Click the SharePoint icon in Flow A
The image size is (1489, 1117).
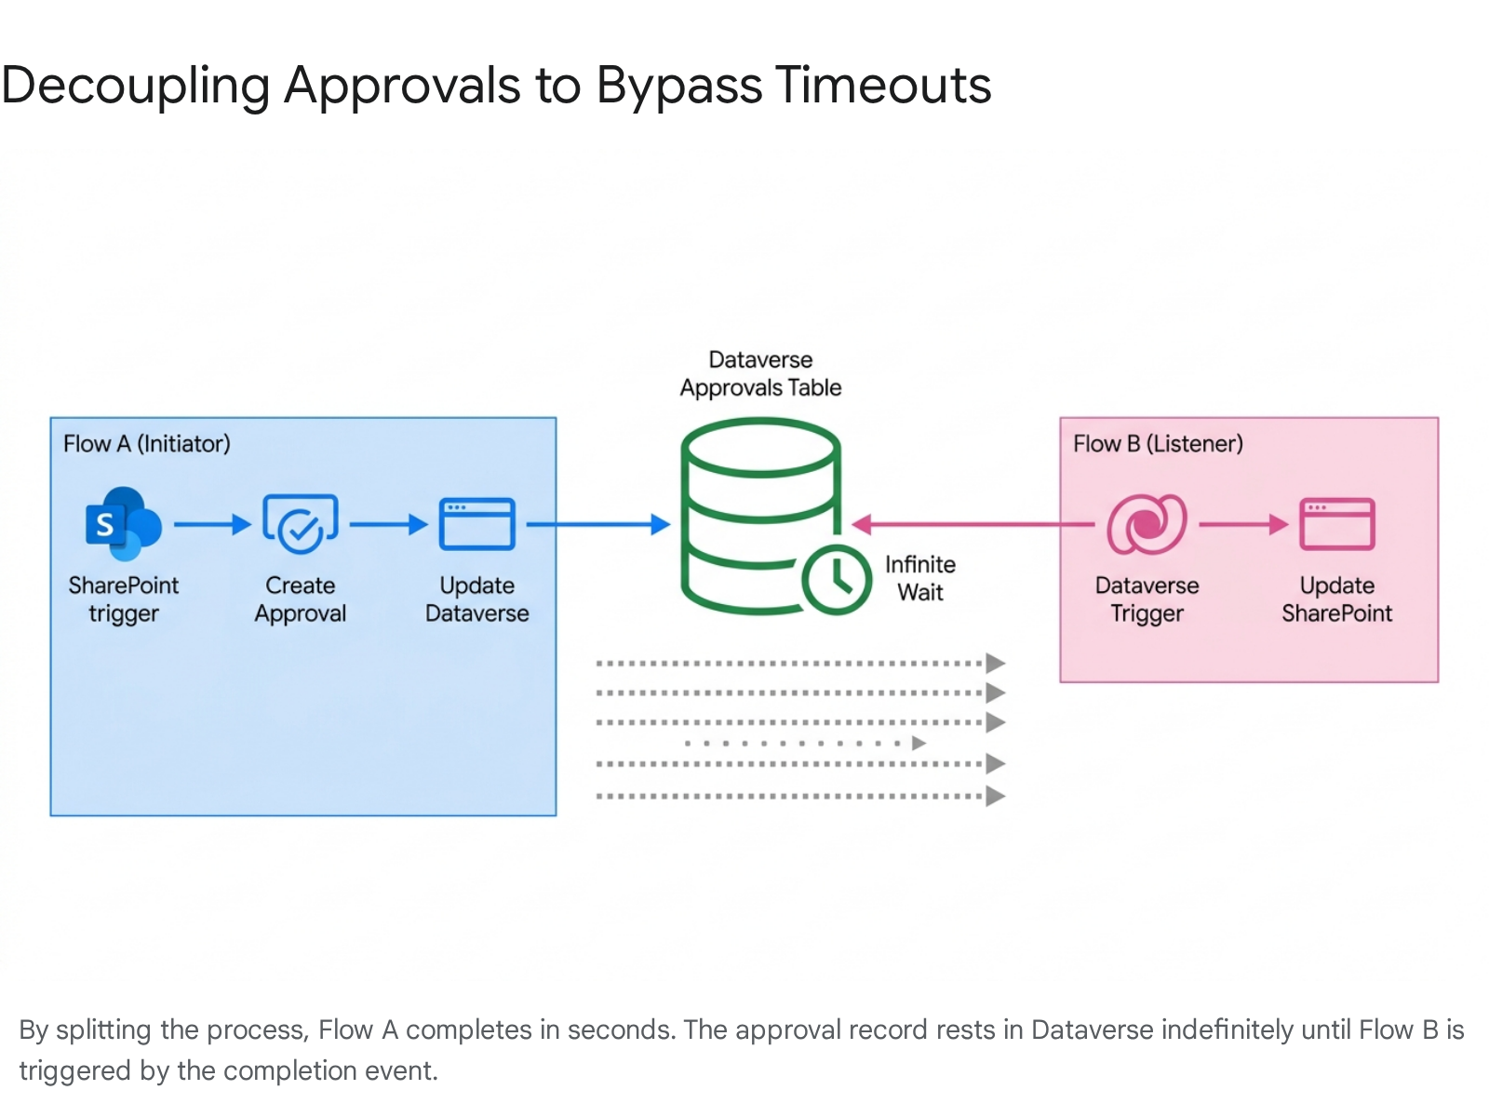(123, 524)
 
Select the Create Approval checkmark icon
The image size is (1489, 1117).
(301, 524)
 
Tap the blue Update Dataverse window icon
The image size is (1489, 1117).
(476, 524)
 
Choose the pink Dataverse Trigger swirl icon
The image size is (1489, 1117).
(1147, 524)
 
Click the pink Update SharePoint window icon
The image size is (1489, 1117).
(1337, 524)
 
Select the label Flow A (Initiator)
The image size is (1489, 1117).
(147, 444)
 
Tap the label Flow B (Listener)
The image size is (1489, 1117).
(1158, 444)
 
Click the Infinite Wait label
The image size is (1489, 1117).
(920, 578)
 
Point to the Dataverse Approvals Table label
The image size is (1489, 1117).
(760, 374)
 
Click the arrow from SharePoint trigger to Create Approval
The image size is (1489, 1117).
(212, 525)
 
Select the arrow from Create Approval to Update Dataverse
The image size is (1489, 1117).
(388, 525)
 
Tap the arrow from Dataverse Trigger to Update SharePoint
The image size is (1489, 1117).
(1243, 525)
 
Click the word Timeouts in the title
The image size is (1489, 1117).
(883, 86)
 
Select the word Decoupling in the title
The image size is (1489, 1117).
(136, 86)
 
